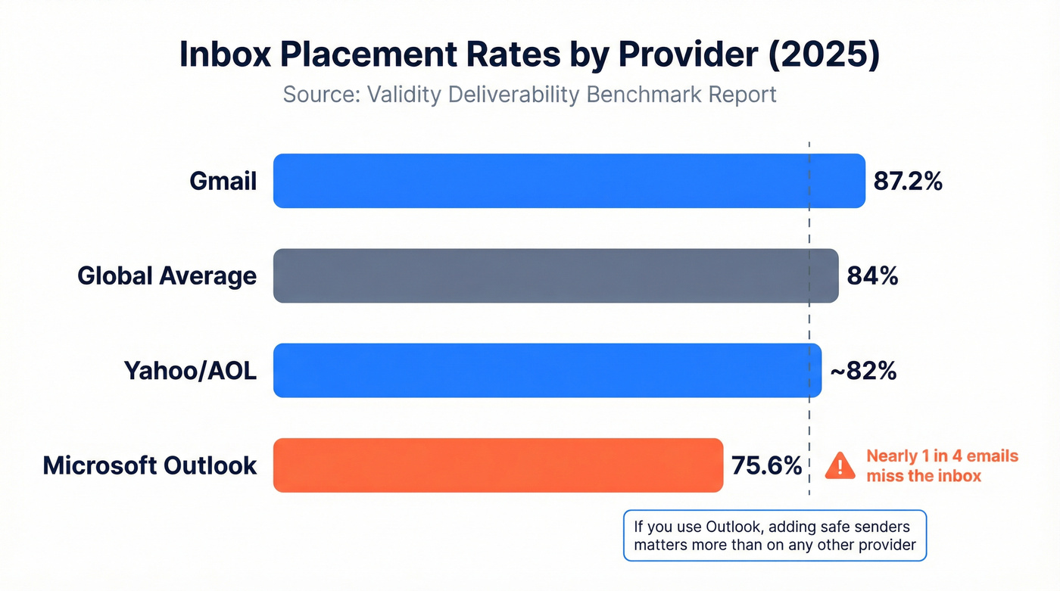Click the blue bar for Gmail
click(569, 181)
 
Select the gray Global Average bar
click(556, 275)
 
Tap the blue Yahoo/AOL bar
click(547, 370)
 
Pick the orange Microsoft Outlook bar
click(498, 465)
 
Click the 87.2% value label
click(908, 182)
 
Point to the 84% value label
click(873, 276)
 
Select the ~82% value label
click(863, 371)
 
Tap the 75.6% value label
click(766, 465)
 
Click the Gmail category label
click(223, 182)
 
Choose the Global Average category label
click(167, 276)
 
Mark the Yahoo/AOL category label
click(190, 371)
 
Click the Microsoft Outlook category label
click(150, 465)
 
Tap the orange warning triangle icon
click(840, 465)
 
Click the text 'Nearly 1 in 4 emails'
click(942, 456)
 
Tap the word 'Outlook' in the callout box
click(734, 526)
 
